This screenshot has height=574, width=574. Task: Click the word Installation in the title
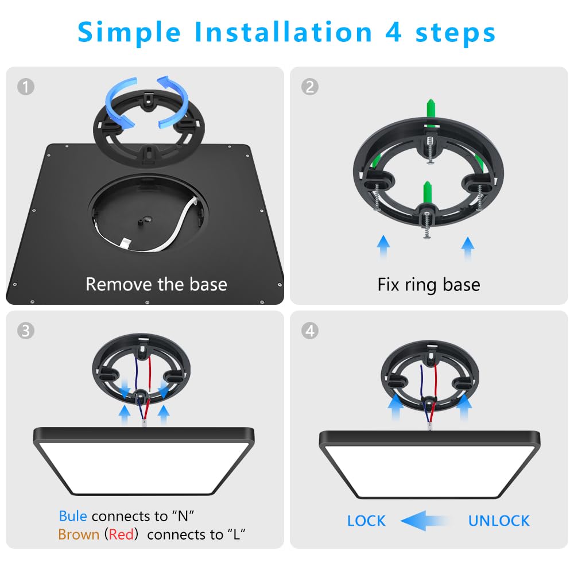[x=284, y=32]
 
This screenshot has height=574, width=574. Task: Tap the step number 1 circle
[x=26, y=87]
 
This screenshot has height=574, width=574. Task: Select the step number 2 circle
[x=310, y=87]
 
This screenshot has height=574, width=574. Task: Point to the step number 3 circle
[x=26, y=331]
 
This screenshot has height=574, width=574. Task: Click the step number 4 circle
[x=310, y=331]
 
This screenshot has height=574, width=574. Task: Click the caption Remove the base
[x=156, y=284]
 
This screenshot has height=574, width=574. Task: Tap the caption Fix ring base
[x=429, y=285]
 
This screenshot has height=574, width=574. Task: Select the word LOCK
[x=366, y=521]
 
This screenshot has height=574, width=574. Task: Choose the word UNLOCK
[x=499, y=521]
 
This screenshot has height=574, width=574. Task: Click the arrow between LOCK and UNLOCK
[x=425, y=521]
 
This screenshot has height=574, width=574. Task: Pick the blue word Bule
[x=73, y=516]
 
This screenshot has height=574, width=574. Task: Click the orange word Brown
[x=79, y=535]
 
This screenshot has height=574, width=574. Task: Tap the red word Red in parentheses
[x=121, y=535]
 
